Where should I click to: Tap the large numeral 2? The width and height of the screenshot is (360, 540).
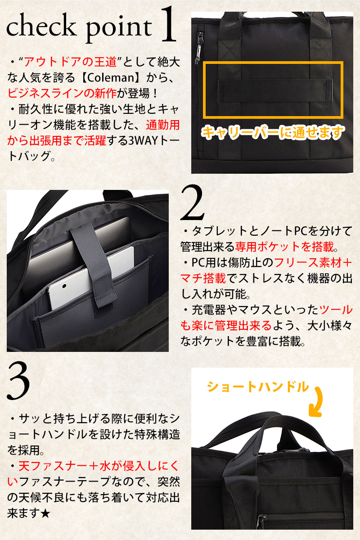pos(193,203)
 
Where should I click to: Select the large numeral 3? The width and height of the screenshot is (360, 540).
pos(18,382)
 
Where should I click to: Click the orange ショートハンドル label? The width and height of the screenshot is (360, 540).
pos(257,387)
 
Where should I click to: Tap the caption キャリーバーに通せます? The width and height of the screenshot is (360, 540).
pos(272,132)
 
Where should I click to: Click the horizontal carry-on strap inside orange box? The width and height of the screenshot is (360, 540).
pos(275,91)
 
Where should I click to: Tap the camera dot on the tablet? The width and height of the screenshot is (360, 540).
pos(64,286)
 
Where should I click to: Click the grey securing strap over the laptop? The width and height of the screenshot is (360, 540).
pos(94,265)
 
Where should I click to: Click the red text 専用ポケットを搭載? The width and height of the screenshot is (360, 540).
pos(284,247)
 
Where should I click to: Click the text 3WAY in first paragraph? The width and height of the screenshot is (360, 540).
pos(143,140)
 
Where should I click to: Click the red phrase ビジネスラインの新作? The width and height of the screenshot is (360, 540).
pos(62,93)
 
